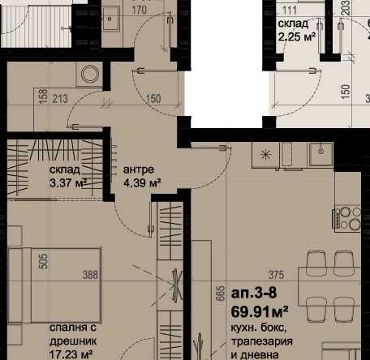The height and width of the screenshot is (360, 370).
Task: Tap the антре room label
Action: (137, 170)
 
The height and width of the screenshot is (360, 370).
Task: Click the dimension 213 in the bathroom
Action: (58, 101)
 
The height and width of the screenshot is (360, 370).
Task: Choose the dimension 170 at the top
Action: (139, 11)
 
